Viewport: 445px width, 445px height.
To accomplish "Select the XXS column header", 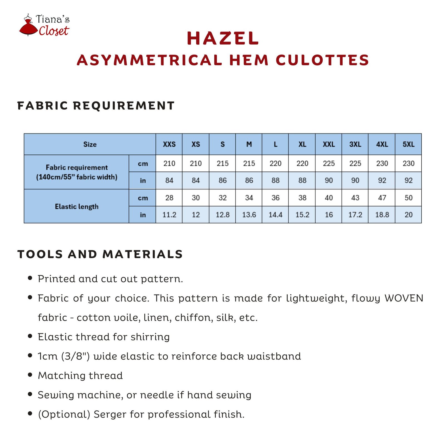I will tap(169, 144).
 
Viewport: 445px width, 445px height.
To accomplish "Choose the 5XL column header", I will tap(408, 144).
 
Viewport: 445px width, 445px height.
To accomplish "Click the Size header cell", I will tap(90, 144).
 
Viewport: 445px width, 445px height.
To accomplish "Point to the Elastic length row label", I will tap(76, 206).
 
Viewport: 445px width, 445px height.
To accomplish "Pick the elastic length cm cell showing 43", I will tap(355, 198).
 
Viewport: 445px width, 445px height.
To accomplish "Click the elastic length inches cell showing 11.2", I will tap(169, 215).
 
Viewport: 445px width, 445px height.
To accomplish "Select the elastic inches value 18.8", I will tap(382, 215).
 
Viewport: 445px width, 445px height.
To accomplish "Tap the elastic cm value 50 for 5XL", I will tap(408, 198).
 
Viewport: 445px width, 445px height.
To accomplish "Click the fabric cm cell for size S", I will tap(222, 163).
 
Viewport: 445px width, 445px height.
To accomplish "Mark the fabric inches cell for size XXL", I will tap(328, 181).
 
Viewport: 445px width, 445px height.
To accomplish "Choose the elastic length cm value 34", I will tap(249, 198).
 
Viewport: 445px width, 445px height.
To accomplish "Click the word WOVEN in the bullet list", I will tap(404, 298).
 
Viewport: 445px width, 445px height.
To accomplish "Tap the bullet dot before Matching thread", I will tap(30, 375).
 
